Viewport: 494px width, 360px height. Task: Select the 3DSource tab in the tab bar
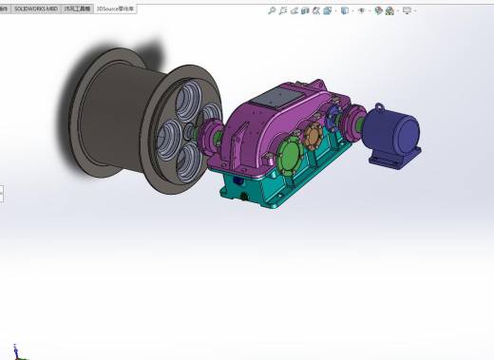tap(116, 8)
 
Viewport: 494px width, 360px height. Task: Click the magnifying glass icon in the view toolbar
tap(273, 11)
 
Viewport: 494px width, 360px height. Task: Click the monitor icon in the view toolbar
tap(408, 11)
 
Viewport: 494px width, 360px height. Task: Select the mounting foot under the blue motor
tap(389, 160)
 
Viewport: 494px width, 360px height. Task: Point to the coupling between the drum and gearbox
tap(218, 138)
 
